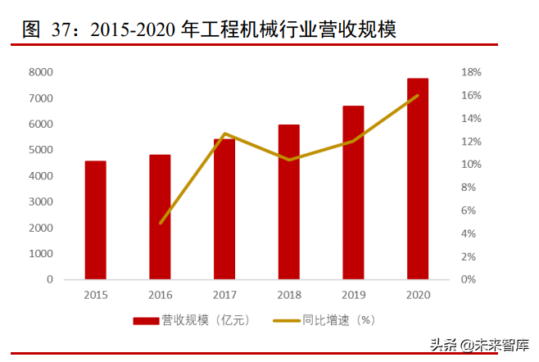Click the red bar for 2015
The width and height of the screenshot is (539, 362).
(x=95, y=219)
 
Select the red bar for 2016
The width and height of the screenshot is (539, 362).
(x=160, y=217)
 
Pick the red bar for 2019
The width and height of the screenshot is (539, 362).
(x=353, y=192)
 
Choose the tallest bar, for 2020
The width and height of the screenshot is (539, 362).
(x=418, y=179)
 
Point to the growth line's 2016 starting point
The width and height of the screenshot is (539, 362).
(x=161, y=223)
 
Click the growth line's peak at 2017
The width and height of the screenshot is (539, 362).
(x=224, y=133)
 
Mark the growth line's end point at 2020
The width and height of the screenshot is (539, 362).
(x=418, y=96)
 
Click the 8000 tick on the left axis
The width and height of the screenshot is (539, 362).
(x=40, y=72)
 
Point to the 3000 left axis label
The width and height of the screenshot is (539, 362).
(x=40, y=201)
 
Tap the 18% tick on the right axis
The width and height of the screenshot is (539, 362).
(x=469, y=72)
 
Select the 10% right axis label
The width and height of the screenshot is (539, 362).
(x=469, y=165)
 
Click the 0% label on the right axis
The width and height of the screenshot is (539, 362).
(x=467, y=279)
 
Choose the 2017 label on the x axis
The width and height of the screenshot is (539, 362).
(x=224, y=294)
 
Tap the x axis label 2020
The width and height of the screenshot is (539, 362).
(x=418, y=294)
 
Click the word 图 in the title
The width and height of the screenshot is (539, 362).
(x=31, y=31)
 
